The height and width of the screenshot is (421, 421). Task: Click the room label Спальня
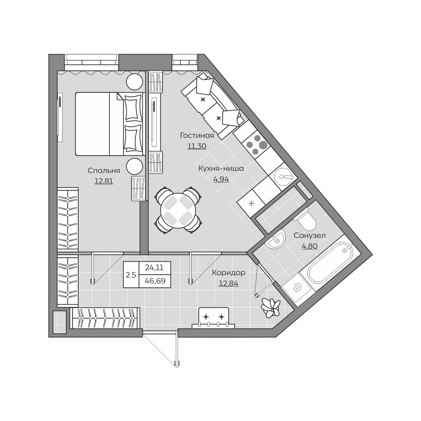click(104, 171)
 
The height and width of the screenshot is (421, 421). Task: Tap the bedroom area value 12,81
click(104, 181)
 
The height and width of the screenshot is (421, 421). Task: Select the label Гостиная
click(197, 136)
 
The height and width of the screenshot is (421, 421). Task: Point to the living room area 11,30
click(197, 146)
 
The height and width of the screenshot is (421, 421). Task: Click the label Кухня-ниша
click(221, 169)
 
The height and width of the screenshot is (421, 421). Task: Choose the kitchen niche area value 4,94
click(221, 179)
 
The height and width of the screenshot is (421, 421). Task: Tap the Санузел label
click(309, 235)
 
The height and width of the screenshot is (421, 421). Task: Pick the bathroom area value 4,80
click(309, 246)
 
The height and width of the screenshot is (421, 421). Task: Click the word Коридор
click(228, 273)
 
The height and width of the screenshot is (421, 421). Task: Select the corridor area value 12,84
click(228, 283)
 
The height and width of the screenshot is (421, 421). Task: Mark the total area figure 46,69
click(155, 281)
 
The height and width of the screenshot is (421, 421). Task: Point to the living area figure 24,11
click(154, 267)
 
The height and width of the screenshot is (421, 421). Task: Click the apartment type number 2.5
click(131, 275)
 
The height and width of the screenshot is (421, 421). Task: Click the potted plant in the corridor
click(270, 308)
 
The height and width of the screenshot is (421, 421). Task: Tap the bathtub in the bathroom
click(330, 263)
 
